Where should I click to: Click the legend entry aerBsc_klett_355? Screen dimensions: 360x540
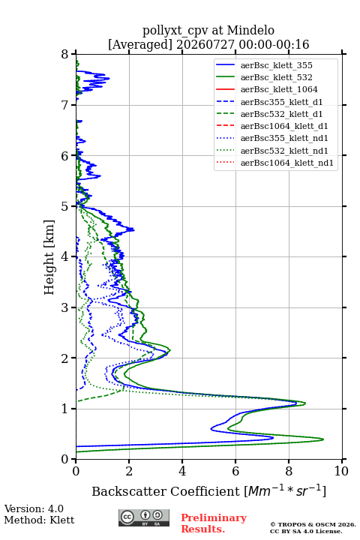coord(276,65)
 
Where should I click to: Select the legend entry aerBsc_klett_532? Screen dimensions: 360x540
coord(276,77)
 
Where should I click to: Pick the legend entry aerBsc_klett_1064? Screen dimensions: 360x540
coord(279,89)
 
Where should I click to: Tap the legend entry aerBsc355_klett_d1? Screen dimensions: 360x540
coord(281,102)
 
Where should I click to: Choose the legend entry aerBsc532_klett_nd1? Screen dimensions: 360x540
coord(284,151)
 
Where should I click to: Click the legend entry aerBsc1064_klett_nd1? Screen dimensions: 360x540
coord(287,163)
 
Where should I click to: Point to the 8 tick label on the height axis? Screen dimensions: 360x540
coord(65,54)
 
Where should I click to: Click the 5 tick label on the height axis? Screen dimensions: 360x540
coord(65,206)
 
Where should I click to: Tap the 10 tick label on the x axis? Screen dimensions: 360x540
coord(341,471)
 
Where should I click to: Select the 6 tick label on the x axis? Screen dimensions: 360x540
coord(235,471)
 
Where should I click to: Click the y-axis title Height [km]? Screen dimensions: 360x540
coord(49,257)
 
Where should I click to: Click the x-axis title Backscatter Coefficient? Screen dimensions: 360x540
coord(165,491)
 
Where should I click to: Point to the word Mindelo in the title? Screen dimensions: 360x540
coord(250,30)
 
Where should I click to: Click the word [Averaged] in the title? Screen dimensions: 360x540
coord(139,44)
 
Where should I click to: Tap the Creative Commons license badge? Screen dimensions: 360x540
coord(144,517)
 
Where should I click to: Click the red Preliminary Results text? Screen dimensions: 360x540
coord(214,523)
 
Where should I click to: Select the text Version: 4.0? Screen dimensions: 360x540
coord(34,508)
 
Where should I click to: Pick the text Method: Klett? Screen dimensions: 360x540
coord(39,520)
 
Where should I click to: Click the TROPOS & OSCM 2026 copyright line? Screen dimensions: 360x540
coord(313,524)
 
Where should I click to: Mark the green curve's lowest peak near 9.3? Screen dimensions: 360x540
coord(323,439)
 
